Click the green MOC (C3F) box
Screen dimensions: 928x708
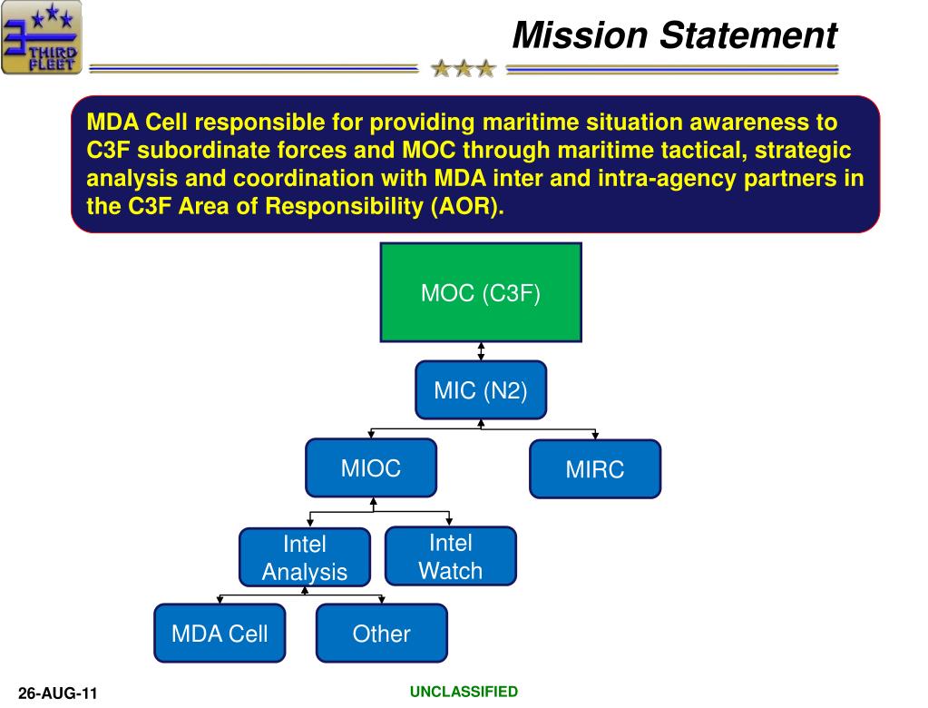(x=481, y=292)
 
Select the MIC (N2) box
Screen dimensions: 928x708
(x=481, y=390)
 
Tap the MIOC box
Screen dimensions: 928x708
(x=371, y=467)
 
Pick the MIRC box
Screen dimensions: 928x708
(x=595, y=469)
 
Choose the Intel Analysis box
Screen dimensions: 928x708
(x=305, y=557)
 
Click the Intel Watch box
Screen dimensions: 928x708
(x=450, y=556)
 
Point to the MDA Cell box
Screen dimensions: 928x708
(x=220, y=633)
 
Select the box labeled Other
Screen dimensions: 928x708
(x=382, y=633)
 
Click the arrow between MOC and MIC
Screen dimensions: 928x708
(x=481, y=351)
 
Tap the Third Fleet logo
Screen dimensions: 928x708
(x=42, y=37)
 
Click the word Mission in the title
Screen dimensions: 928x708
(x=580, y=34)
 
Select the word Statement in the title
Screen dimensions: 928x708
(x=748, y=34)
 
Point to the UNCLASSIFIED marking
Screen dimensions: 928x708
(x=464, y=692)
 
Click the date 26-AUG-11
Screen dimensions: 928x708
(x=57, y=693)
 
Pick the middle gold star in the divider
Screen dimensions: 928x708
(x=464, y=69)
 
